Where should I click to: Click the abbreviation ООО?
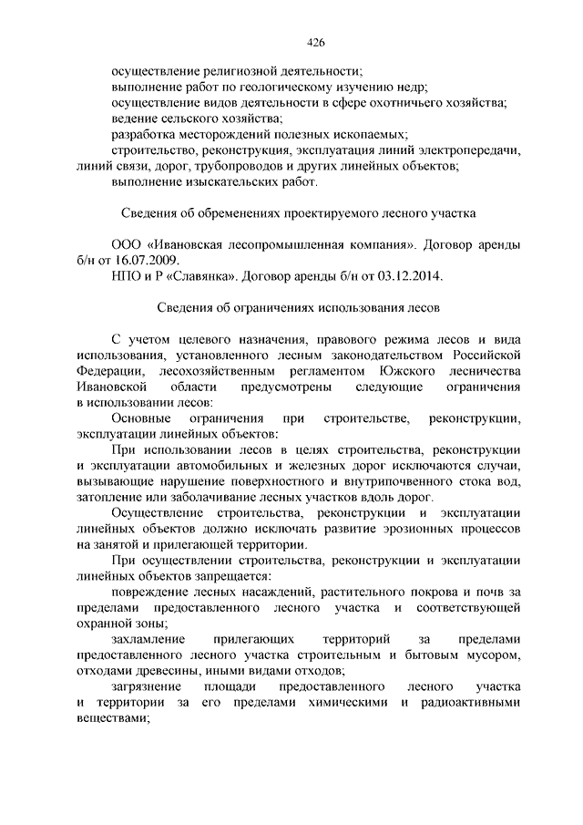tap(128, 246)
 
